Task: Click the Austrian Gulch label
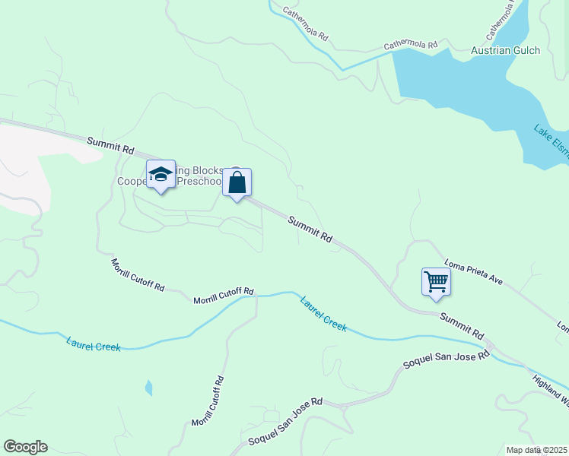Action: (x=505, y=51)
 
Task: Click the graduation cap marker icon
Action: (x=161, y=175)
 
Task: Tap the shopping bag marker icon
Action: (x=237, y=183)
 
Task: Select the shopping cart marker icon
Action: (x=437, y=281)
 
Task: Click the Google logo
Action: (x=25, y=447)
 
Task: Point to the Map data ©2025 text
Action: (x=536, y=450)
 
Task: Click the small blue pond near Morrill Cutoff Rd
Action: (x=148, y=388)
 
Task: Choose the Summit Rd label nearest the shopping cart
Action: (x=461, y=325)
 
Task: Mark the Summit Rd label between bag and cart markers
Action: (x=310, y=228)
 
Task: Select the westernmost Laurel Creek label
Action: (x=94, y=346)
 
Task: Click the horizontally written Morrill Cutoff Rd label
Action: (x=223, y=296)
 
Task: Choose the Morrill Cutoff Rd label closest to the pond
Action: (x=208, y=401)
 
